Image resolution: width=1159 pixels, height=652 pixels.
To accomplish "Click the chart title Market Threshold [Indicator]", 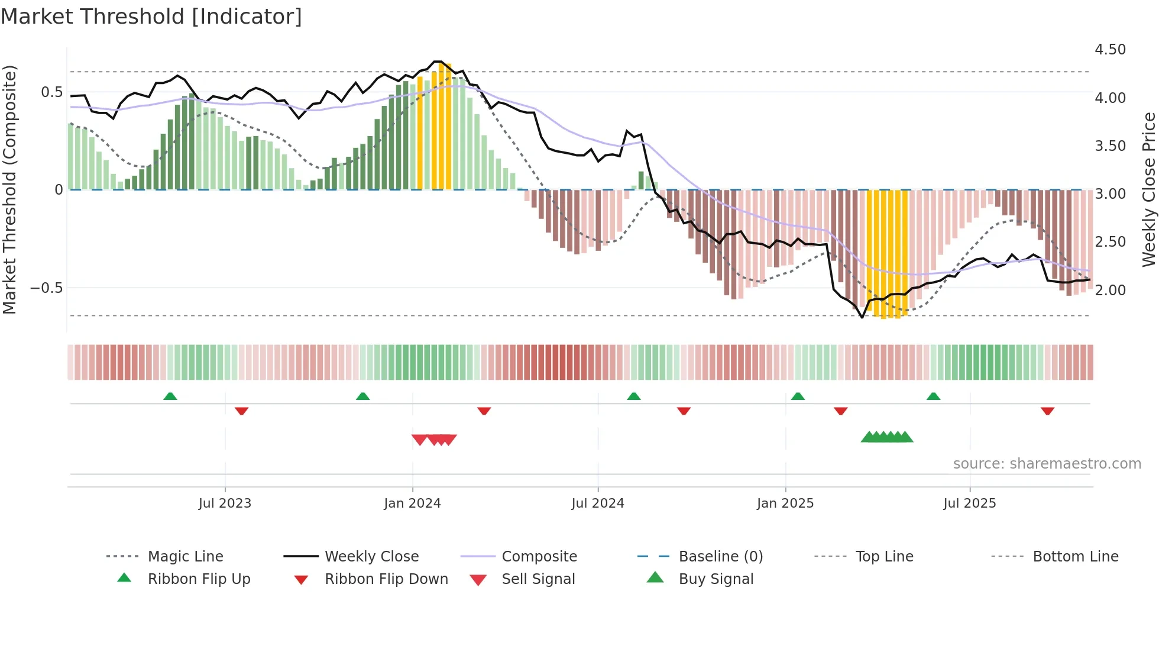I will [151, 17].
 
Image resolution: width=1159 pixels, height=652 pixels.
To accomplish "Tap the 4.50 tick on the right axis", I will [1110, 50].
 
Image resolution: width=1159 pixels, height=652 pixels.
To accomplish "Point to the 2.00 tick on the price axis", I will [1110, 290].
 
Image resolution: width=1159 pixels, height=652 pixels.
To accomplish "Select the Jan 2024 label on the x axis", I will [412, 503].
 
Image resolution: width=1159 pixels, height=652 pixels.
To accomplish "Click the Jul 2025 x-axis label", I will [969, 503].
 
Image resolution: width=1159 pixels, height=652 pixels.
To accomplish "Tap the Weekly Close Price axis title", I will [1148, 189].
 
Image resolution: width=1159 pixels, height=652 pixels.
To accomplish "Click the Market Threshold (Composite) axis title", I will [9, 189].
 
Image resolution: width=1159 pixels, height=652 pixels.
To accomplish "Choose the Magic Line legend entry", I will [185, 557].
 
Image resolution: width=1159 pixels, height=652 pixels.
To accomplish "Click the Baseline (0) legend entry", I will [720, 557].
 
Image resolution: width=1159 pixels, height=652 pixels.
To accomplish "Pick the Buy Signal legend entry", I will [716, 579].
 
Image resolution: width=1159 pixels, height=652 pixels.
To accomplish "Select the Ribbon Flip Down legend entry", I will [386, 579].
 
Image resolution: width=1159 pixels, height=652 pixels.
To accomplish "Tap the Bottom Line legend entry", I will [1075, 557].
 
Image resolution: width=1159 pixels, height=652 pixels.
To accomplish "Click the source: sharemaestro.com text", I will [1047, 464].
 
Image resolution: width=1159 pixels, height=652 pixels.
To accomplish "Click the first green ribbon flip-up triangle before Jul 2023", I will [170, 396].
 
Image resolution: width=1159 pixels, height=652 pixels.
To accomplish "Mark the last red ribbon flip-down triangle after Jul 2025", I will [1047, 411].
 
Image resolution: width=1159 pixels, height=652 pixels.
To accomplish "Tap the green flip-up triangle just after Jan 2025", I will [798, 396].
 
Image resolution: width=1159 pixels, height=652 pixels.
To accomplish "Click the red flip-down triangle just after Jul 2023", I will [241, 411].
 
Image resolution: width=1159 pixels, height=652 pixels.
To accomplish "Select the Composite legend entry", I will [539, 557].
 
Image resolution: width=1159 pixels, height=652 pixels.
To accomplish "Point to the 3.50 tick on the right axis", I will [1110, 146].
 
